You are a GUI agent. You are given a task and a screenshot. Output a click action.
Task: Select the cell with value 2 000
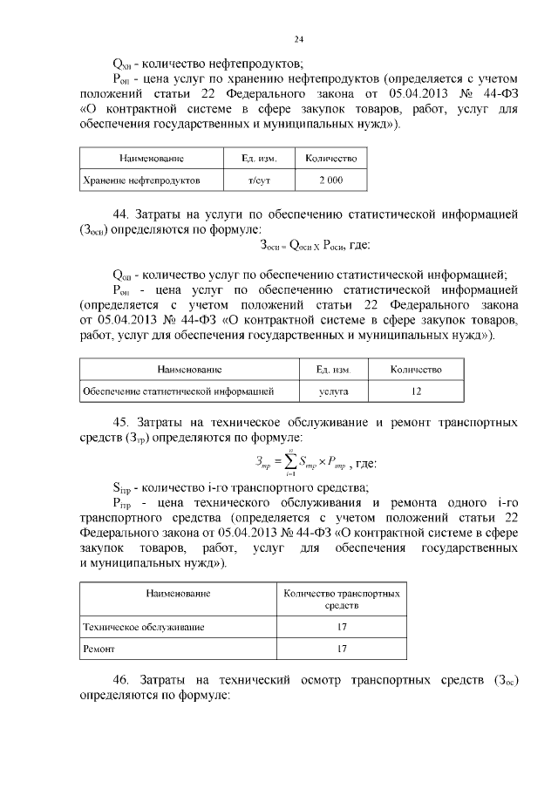330,180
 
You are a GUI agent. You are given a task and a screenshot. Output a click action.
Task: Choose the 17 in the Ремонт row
342,650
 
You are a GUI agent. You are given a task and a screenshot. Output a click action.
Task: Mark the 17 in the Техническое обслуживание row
342,628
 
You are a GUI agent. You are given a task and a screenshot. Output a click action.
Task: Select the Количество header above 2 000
330,159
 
